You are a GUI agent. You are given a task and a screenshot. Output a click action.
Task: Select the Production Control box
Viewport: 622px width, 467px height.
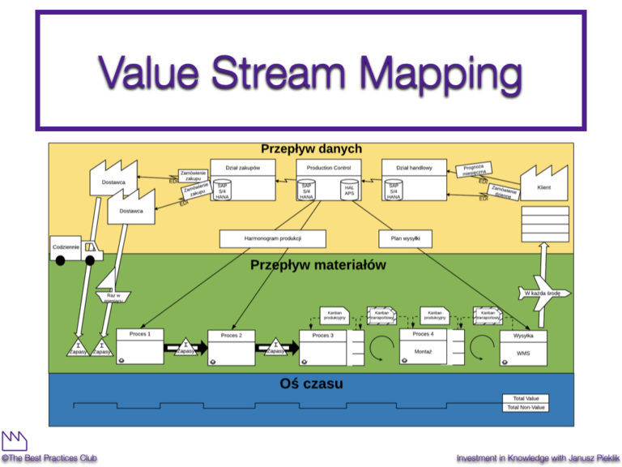[329, 179]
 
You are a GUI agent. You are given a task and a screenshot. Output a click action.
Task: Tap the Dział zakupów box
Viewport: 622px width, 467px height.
[242, 179]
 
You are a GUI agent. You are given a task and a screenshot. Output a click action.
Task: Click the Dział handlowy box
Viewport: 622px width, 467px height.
[414, 179]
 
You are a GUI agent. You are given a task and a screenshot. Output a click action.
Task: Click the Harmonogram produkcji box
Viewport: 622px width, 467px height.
[272, 238]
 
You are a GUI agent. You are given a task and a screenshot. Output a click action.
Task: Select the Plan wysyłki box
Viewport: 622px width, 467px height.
[405, 238]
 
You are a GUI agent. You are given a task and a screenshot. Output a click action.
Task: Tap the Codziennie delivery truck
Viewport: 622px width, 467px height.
[72, 249]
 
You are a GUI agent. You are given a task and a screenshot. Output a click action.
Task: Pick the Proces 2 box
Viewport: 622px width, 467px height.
[231, 347]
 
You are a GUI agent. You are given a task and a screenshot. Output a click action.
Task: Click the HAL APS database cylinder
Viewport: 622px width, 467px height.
[349, 191]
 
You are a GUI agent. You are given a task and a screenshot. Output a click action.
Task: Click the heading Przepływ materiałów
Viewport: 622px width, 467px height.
[317, 264]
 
